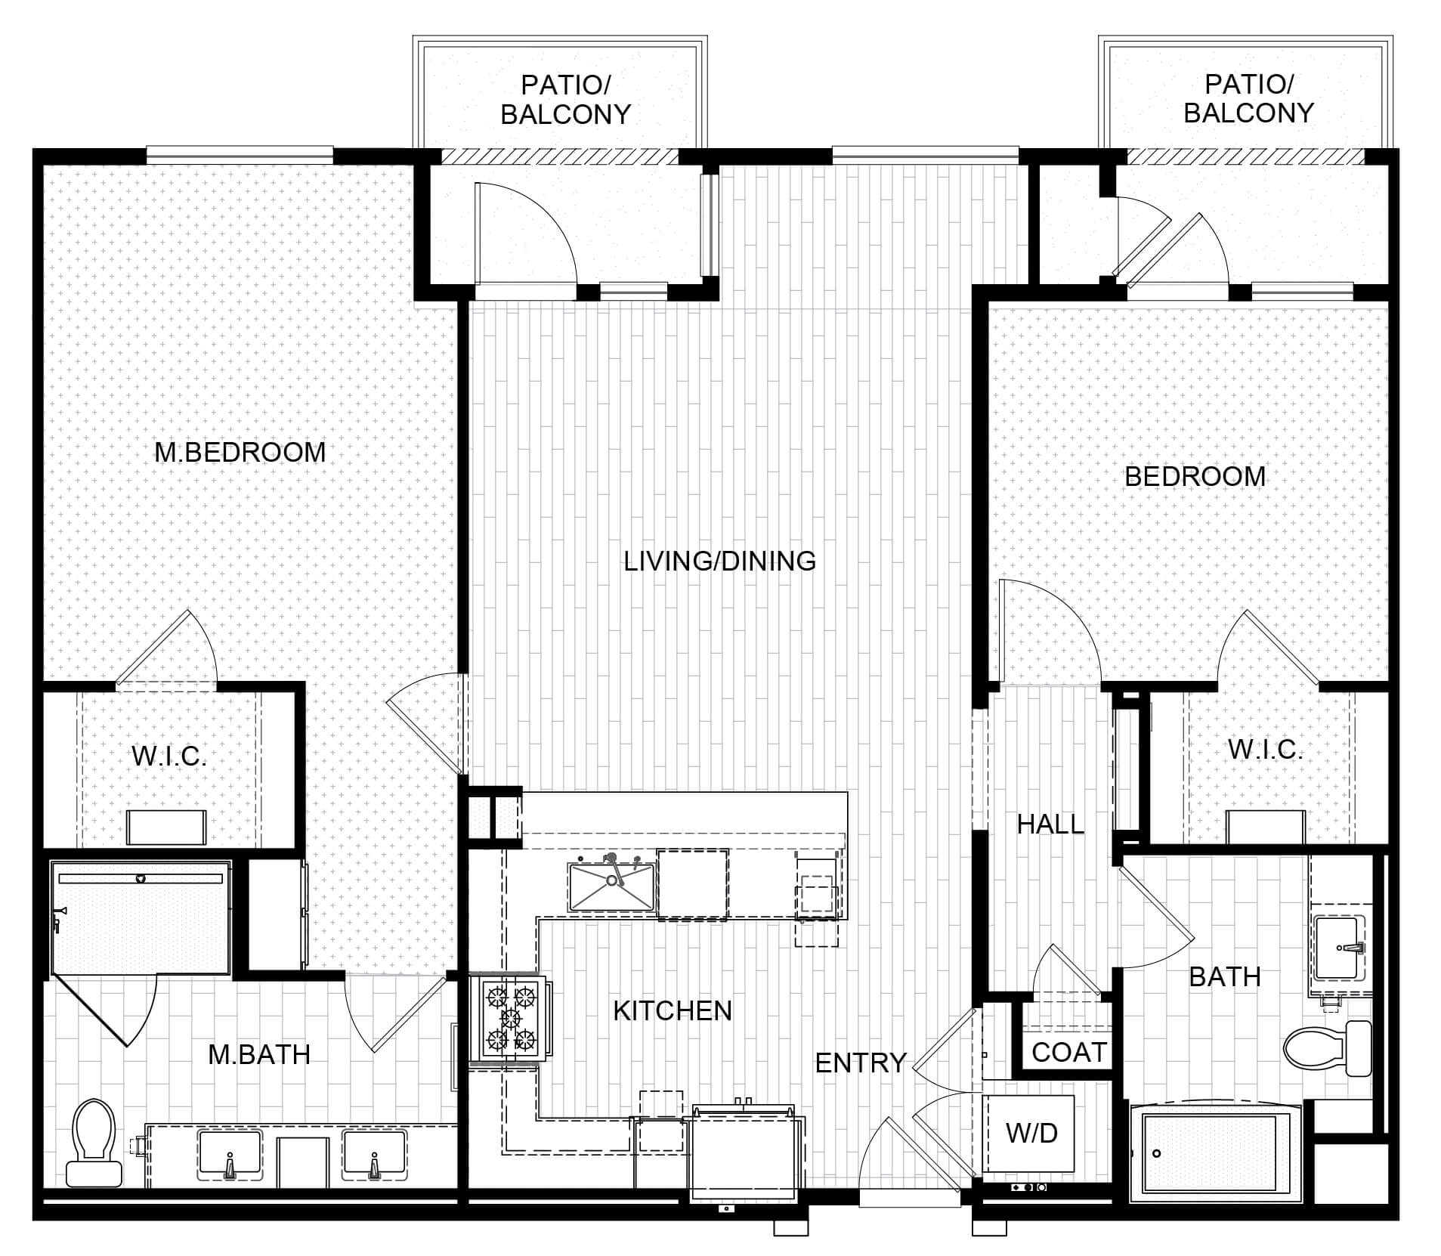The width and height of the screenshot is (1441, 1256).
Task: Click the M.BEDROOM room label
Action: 240,452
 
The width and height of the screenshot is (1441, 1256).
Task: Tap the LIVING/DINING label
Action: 719,561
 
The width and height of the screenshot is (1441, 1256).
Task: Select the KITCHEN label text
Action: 673,1010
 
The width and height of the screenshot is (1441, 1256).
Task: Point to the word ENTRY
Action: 861,1063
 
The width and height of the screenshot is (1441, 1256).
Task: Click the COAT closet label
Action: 1068,1052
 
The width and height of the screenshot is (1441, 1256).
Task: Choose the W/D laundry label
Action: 1031,1133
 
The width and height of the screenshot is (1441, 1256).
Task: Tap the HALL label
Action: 1050,824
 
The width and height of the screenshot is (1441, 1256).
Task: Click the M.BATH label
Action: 259,1054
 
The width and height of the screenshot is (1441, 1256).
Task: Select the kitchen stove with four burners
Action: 510,1019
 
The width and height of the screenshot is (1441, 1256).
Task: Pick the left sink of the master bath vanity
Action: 229,1155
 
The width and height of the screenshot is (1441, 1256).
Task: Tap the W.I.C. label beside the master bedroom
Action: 169,756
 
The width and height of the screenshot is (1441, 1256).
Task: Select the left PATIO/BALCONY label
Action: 565,99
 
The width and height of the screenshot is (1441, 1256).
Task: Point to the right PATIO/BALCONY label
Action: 1248,98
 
